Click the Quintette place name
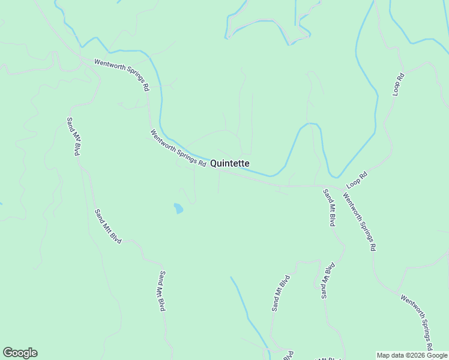click(x=230, y=163)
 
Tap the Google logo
click(x=20, y=353)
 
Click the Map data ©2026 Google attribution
click(x=412, y=355)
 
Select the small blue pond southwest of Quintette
click(x=178, y=208)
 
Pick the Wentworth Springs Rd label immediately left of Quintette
click(x=178, y=149)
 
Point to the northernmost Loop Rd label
click(x=399, y=84)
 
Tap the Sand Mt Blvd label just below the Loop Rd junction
click(x=329, y=208)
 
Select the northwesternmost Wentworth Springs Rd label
click(x=122, y=74)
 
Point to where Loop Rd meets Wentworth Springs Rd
click(x=343, y=189)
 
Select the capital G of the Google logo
click(x=8, y=353)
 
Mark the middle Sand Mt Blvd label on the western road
click(x=108, y=226)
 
